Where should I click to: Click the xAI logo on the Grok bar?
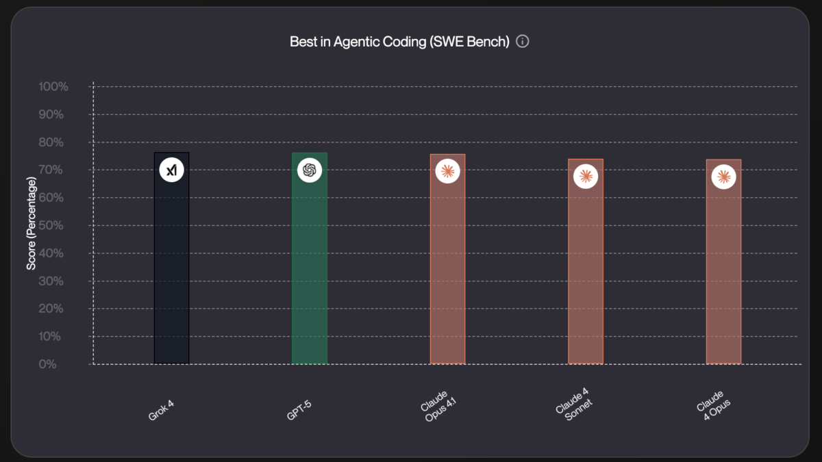tap(171, 170)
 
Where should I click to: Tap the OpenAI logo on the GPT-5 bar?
tap(310, 170)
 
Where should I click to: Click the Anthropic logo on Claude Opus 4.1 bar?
tap(447, 171)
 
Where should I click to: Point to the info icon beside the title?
tap(523, 42)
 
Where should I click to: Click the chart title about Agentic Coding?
tap(399, 42)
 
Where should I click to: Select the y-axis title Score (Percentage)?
tap(32, 222)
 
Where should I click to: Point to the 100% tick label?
tap(53, 87)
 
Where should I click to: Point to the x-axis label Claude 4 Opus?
tap(714, 406)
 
